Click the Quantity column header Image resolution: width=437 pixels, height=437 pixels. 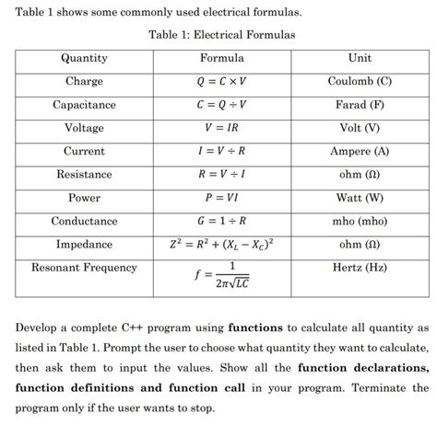[84, 58]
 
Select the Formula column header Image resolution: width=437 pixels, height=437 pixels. [221, 58]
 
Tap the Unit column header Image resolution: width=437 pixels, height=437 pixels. [360, 58]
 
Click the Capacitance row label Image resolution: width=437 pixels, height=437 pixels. [84, 105]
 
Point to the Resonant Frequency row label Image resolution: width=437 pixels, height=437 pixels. [84, 268]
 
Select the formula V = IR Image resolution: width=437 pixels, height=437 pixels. [221, 129]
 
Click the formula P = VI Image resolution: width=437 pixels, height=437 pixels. [221, 199]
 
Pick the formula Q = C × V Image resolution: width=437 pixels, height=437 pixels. [221, 82]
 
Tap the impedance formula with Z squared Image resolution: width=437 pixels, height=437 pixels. [221, 245]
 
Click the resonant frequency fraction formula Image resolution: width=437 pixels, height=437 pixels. [222, 276]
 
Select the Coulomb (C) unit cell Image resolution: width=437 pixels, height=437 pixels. [360, 82]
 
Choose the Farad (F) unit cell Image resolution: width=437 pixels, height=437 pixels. [360, 105]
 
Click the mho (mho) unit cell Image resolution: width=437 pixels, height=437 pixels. [360, 222]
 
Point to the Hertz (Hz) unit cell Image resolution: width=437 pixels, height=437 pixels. [360, 268]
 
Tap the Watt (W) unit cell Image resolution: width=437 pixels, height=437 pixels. [360, 199]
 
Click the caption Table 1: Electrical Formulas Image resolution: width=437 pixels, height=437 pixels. [221, 34]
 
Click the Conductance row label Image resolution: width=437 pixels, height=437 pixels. [84, 222]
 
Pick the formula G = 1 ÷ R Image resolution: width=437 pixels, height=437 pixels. [221, 222]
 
